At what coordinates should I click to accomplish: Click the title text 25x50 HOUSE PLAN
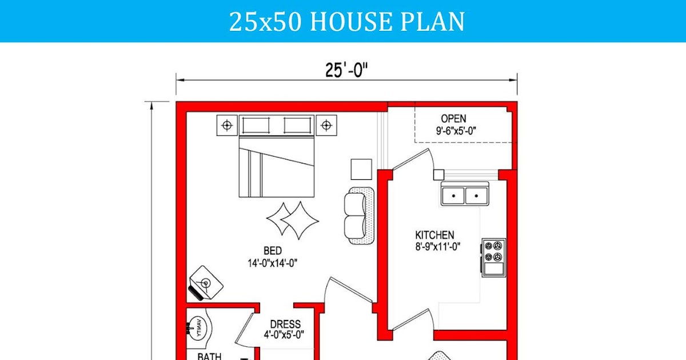click(346, 22)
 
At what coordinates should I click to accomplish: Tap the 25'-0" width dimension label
click(346, 70)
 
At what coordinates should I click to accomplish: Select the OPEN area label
click(453, 119)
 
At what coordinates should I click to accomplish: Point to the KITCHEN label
click(434, 235)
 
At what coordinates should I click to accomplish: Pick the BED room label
click(272, 251)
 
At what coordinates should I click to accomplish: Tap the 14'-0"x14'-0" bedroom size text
click(272, 263)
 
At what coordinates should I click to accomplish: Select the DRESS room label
click(285, 324)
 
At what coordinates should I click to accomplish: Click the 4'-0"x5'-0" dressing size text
click(284, 335)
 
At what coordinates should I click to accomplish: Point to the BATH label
click(209, 357)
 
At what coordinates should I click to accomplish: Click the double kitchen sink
click(464, 195)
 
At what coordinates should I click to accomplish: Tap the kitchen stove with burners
click(493, 257)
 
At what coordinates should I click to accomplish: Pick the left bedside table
click(227, 125)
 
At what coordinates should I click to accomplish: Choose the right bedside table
click(326, 125)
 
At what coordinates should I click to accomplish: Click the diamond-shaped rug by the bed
click(292, 220)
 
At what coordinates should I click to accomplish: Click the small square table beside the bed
click(361, 169)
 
